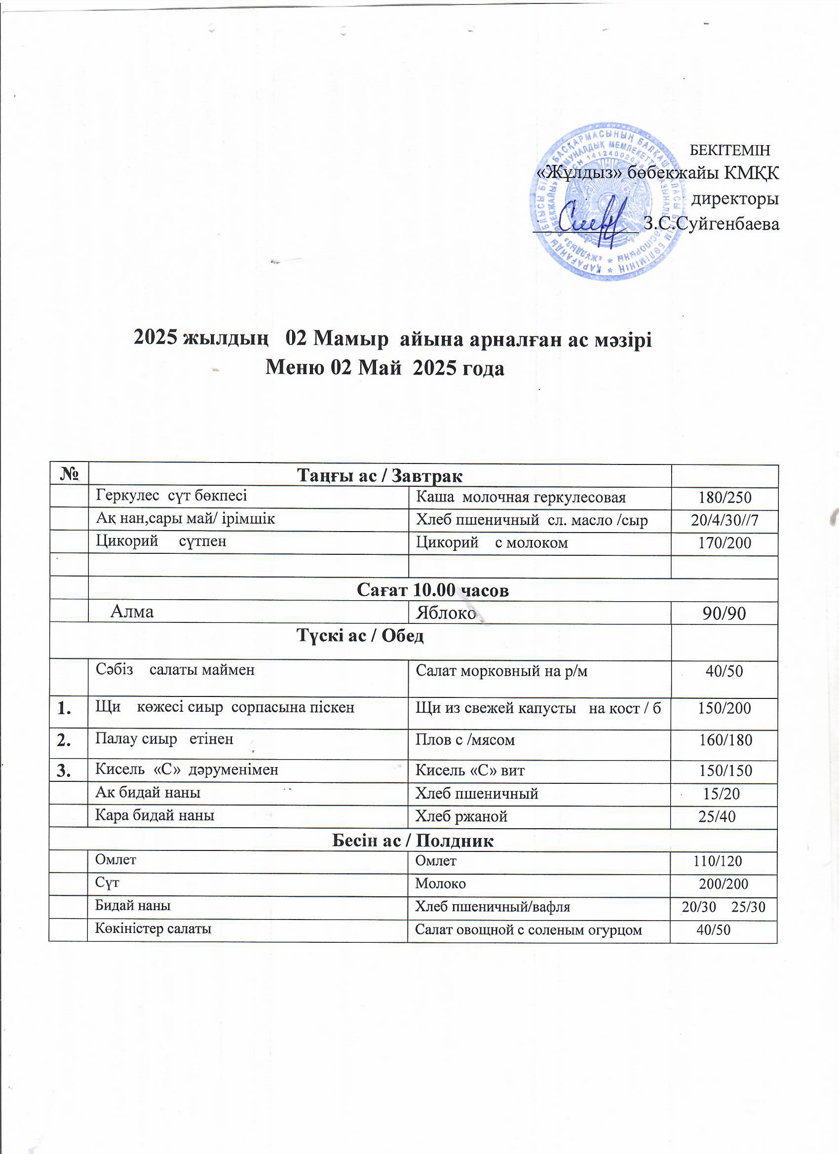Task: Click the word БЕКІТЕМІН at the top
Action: pyautogui.click(x=728, y=150)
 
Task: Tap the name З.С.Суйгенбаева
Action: pyautogui.click(x=711, y=225)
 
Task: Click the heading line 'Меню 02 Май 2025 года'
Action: pyautogui.click(x=384, y=368)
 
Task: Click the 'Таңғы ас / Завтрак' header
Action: pyautogui.click(x=380, y=476)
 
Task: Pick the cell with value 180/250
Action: pyautogui.click(x=725, y=498)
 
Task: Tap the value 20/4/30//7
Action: pyautogui.click(x=725, y=520)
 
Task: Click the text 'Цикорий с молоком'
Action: pyautogui.click(x=492, y=543)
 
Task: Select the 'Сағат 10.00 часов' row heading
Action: pyautogui.click(x=432, y=590)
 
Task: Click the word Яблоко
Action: pyautogui.click(x=445, y=612)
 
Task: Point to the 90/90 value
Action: pyautogui.click(x=724, y=613)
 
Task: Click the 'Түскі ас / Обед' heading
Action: pyautogui.click(x=360, y=636)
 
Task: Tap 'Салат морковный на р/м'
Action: pyautogui.click(x=501, y=671)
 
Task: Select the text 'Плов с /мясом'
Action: pyautogui.click(x=465, y=740)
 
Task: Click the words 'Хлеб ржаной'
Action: pyautogui.click(x=461, y=816)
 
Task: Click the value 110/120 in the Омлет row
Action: pyautogui.click(x=718, y=861)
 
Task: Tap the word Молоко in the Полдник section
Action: pyautogui.click(x=440, y=884)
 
